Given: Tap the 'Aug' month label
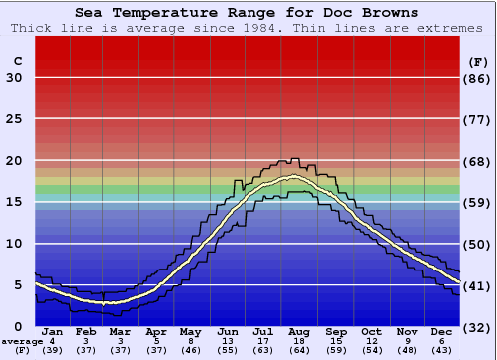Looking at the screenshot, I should (298, 331).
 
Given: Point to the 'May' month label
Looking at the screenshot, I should (190, 331).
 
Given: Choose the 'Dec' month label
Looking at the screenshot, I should (441, 331).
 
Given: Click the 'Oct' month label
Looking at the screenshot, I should (371, 331).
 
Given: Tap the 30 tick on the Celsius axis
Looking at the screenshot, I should (15, 78).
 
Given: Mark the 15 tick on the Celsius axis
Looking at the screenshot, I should (15, 202).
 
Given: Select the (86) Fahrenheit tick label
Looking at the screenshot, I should (478, 78).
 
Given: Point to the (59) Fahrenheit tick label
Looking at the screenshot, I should (478, 202).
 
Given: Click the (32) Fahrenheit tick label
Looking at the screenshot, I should (478, 327).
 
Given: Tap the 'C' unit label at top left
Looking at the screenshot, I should (17, 61).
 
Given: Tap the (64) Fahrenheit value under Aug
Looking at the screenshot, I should (298, 350).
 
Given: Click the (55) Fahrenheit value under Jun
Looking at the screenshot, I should (228, 350).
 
